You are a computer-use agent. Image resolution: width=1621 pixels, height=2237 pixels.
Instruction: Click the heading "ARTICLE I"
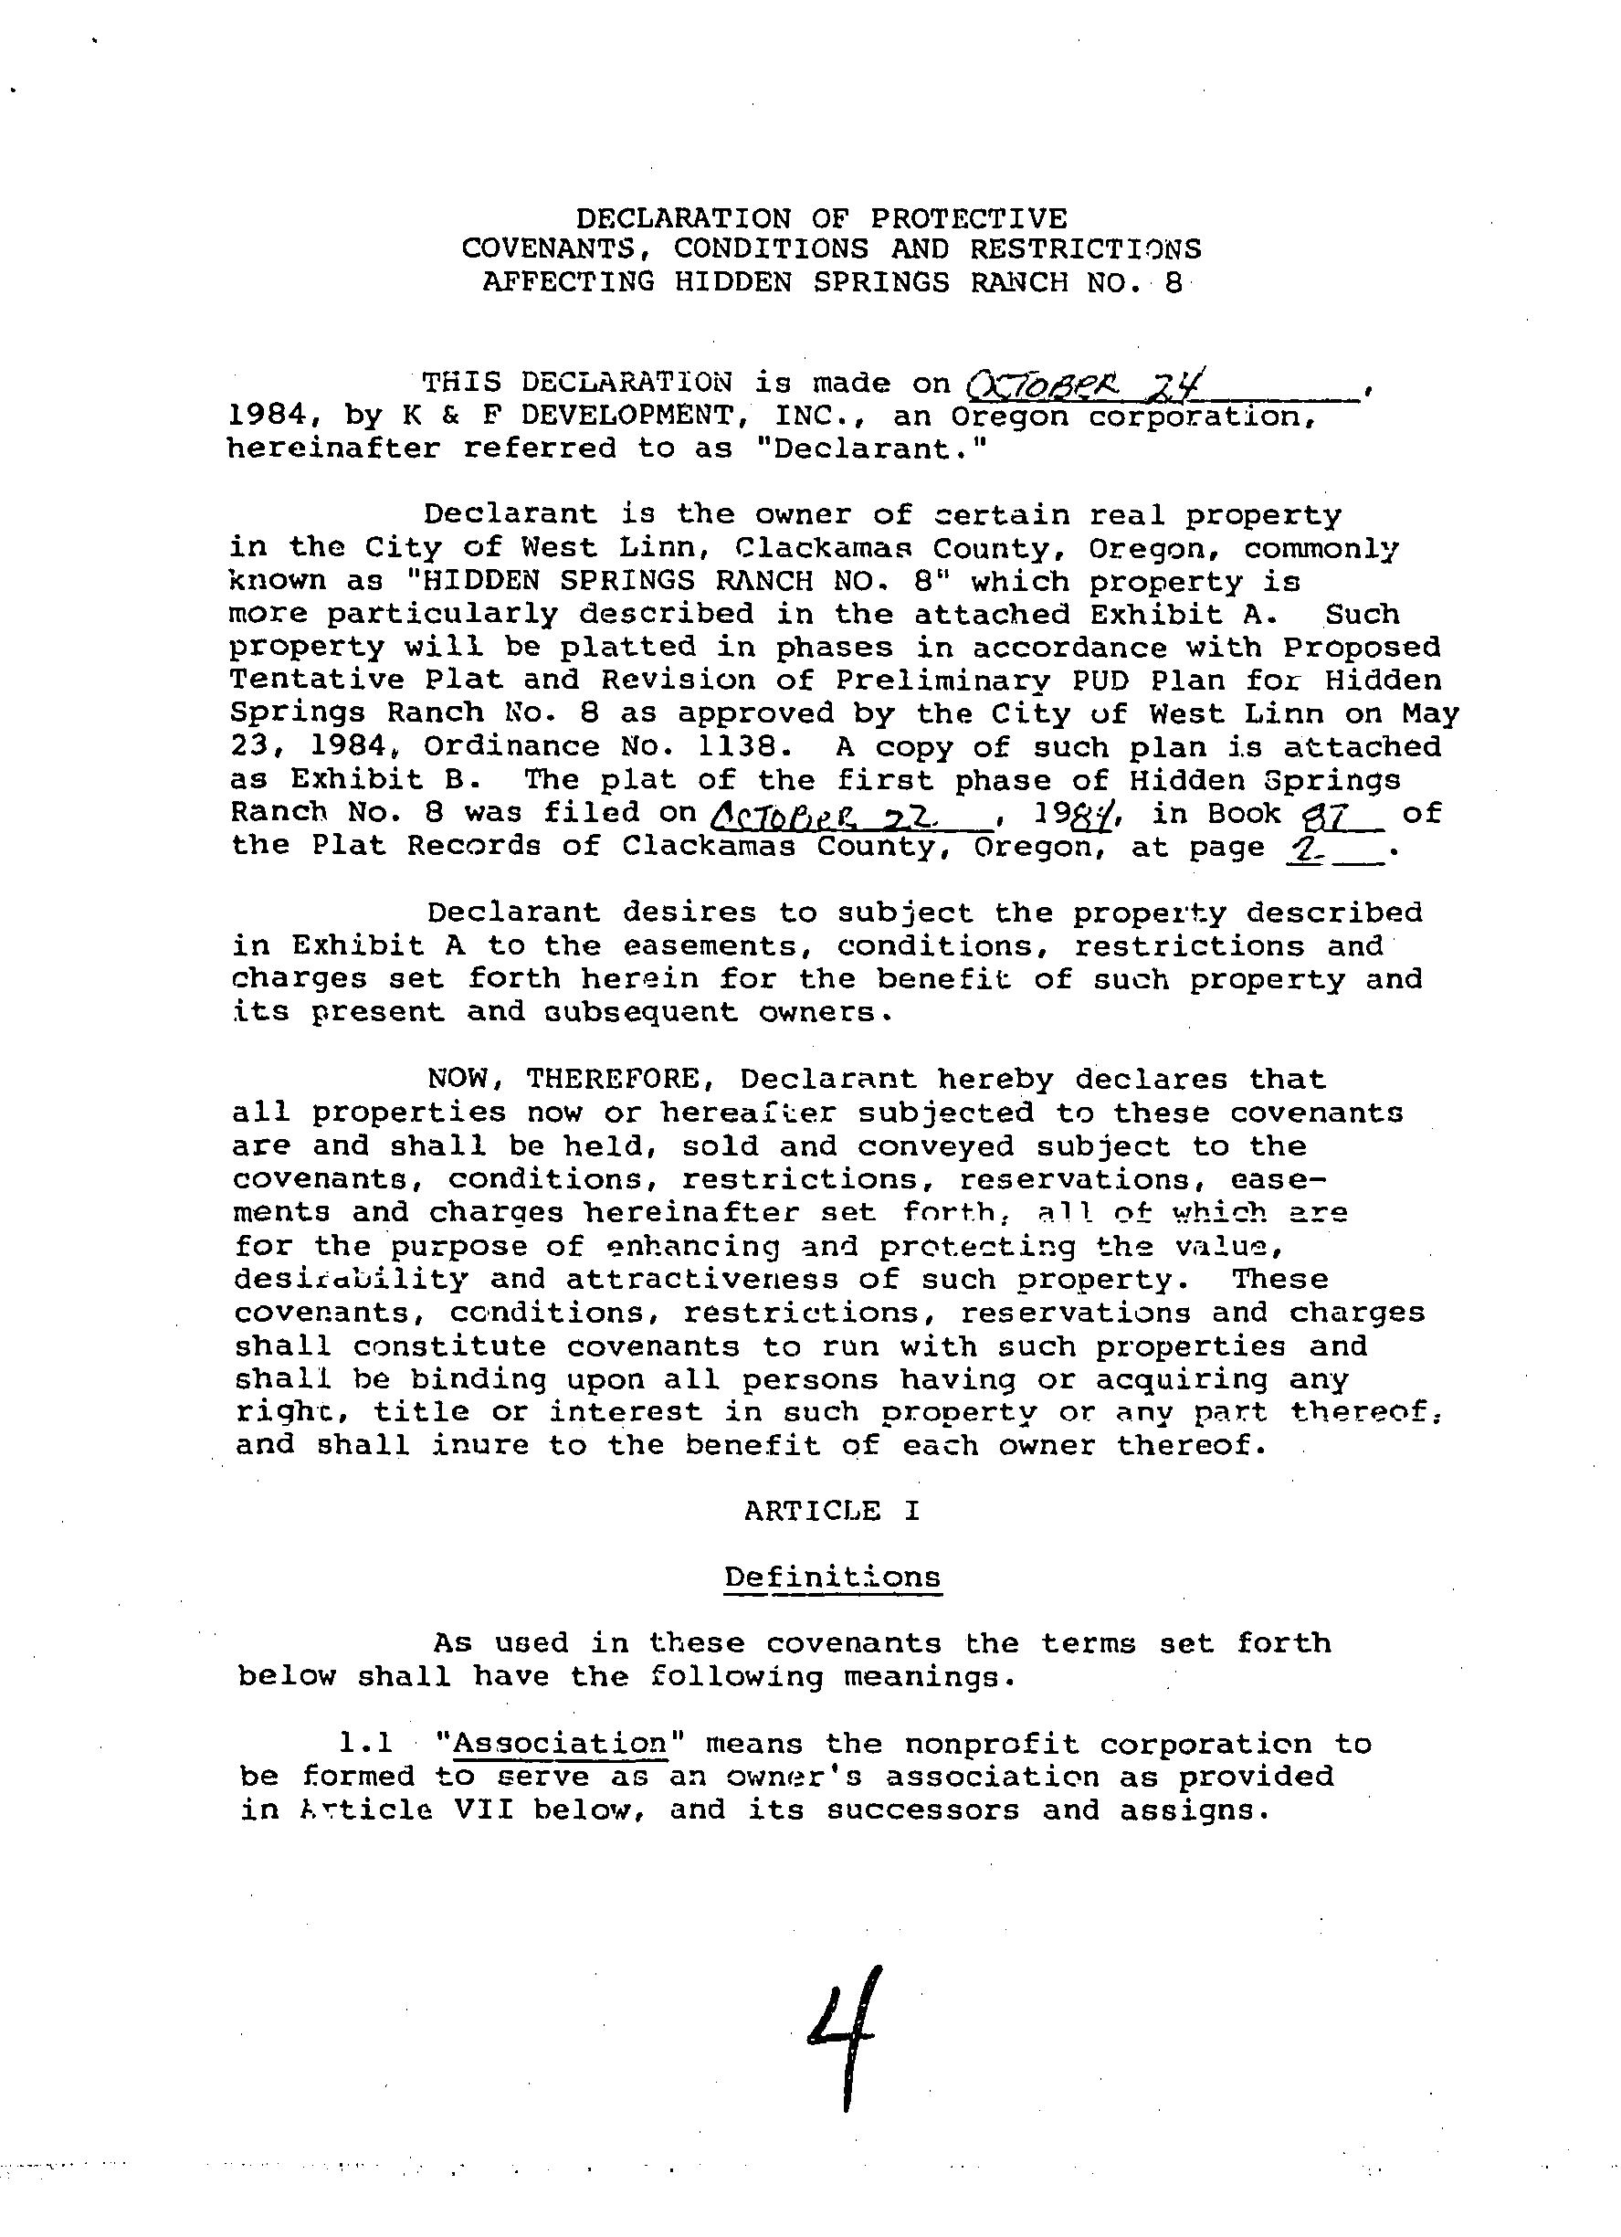pos(832,1510)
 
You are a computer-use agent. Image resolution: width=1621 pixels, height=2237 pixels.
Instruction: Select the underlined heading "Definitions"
pos(832,1577)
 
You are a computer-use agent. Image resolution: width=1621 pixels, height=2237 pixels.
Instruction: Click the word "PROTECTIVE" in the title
pos(967,218)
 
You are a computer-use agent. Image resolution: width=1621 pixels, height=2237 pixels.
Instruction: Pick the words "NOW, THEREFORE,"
pos(572,1079)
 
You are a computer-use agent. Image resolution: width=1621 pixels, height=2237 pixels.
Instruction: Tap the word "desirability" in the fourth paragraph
pos(351,1280)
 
